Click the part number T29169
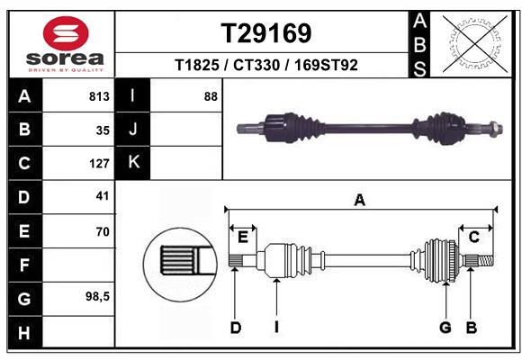coord(266,33)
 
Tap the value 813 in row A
coord(99,96)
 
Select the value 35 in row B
coord(103,130)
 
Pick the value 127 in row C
coord(99,164)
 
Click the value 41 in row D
coord(102,195)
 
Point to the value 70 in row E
coord(102,231)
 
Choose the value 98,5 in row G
coord(97,296)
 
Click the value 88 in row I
coord(211,96)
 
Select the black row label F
coord(24,265)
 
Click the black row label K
coord(134,162)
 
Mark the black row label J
coord(134,130)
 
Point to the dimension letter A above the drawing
coord(360,201)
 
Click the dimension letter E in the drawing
coord(242,237)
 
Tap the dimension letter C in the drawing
coord(473,237)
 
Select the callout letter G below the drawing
coord(445,328)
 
